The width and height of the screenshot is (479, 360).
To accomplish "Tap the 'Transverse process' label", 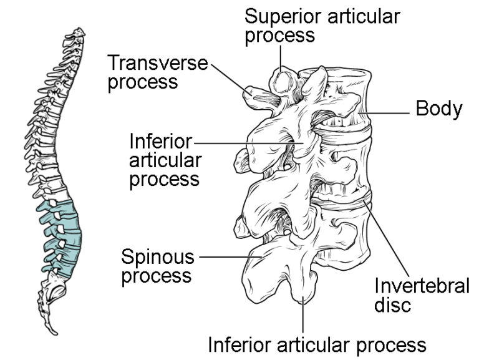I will tap(158, 72).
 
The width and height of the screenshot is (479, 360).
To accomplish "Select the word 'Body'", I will tap(439, 109).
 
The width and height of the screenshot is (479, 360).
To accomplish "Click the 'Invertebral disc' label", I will tap(422, 295).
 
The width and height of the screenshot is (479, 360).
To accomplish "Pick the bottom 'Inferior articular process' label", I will tap(317, 344).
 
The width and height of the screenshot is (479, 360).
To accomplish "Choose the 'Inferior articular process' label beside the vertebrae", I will tap(165, 160).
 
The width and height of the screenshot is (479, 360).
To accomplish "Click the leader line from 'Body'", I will tap(389, 113).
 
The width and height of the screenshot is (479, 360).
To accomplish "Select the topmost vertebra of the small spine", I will tap(79, 31).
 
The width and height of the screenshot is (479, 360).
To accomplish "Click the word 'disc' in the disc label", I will tap(393, 305).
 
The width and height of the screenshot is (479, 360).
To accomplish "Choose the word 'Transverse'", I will tap(158, 62).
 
